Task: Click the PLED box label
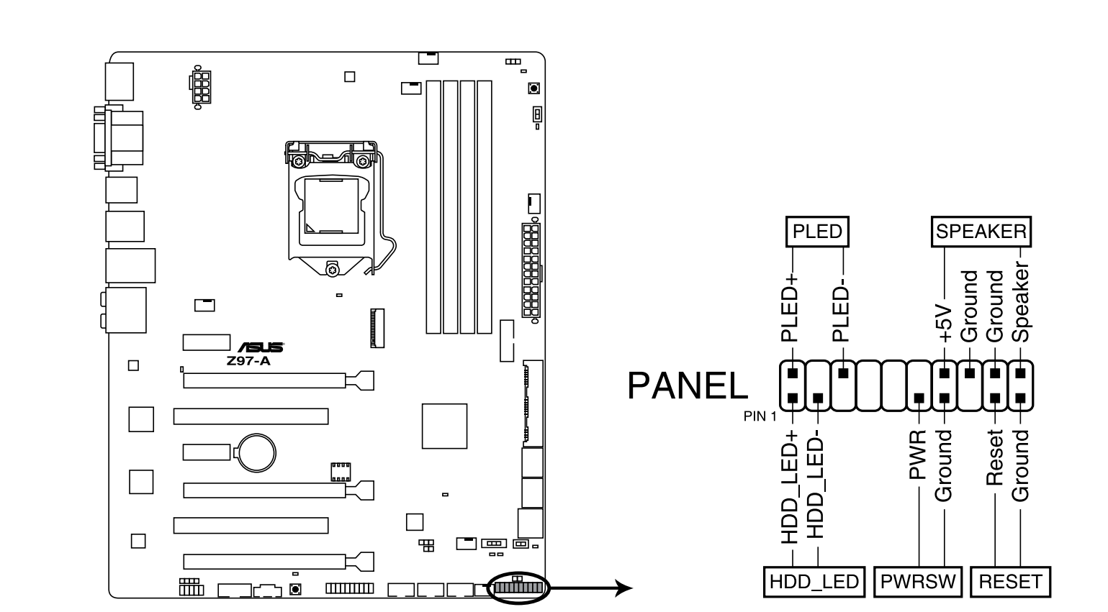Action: point(817,232)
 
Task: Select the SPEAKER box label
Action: point(981,232)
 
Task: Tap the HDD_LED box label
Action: point(814,581)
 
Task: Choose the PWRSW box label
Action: point(917,581)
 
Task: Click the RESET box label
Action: point(1010,581)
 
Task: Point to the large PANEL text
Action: point(688,386)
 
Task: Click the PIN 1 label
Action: point(760,416)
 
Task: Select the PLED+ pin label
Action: point(791,307)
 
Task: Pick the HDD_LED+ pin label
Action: point(791,487)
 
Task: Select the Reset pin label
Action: point(994,457)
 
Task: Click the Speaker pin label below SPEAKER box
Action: point(1020,302)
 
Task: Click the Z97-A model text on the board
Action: point(248,361)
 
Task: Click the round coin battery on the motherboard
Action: point(257,452)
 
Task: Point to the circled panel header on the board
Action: point(517,588)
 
